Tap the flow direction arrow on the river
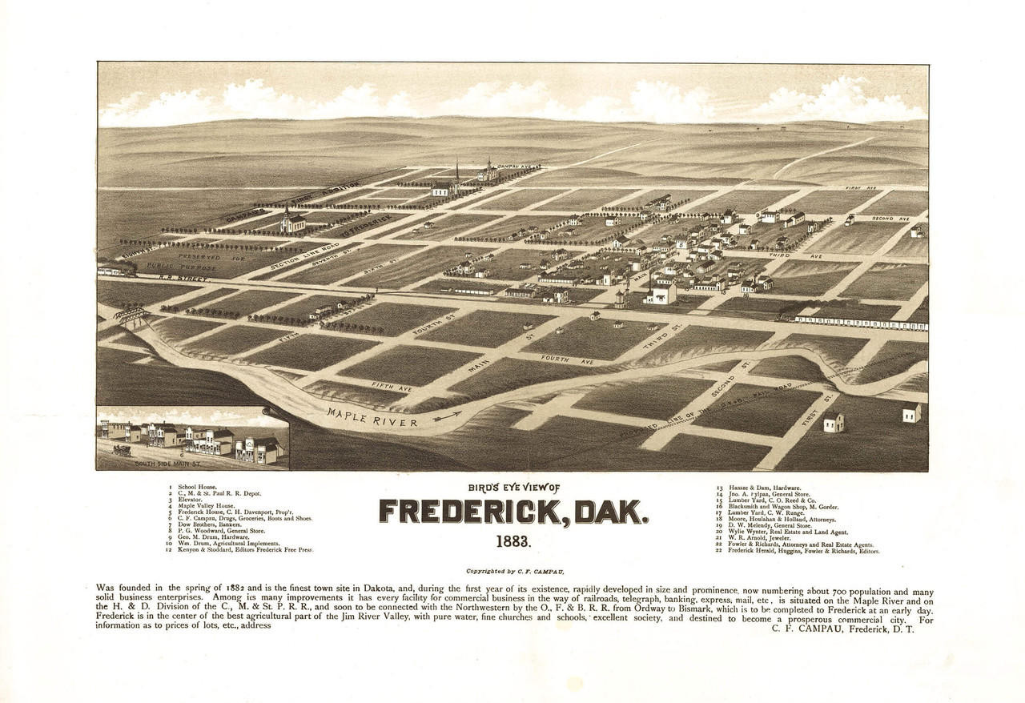tap(449, 415)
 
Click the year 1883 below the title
tap(512, 541)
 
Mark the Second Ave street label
tap(890, 218)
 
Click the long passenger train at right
tap(861, 323)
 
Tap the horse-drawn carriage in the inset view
tap(123, 450)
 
